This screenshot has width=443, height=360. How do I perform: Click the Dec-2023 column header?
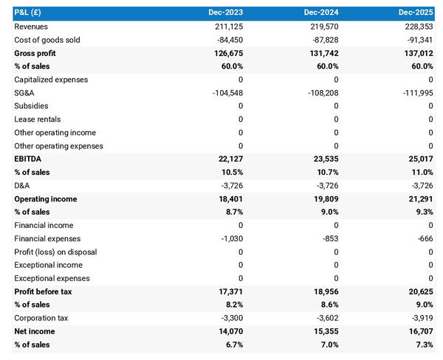coord(225,13)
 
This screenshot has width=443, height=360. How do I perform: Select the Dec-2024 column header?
coord(321,13)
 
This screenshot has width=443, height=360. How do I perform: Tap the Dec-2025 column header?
coord(417,13)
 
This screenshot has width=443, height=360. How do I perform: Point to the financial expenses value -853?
coord(330,239)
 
